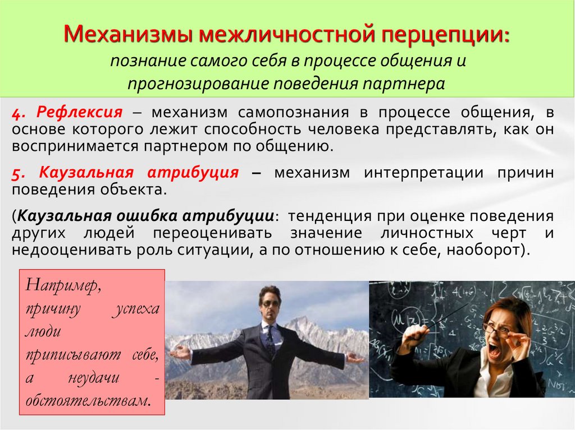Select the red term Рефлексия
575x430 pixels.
(80, 112)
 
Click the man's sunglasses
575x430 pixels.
(270, 303)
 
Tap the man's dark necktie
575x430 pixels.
(271, 338)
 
